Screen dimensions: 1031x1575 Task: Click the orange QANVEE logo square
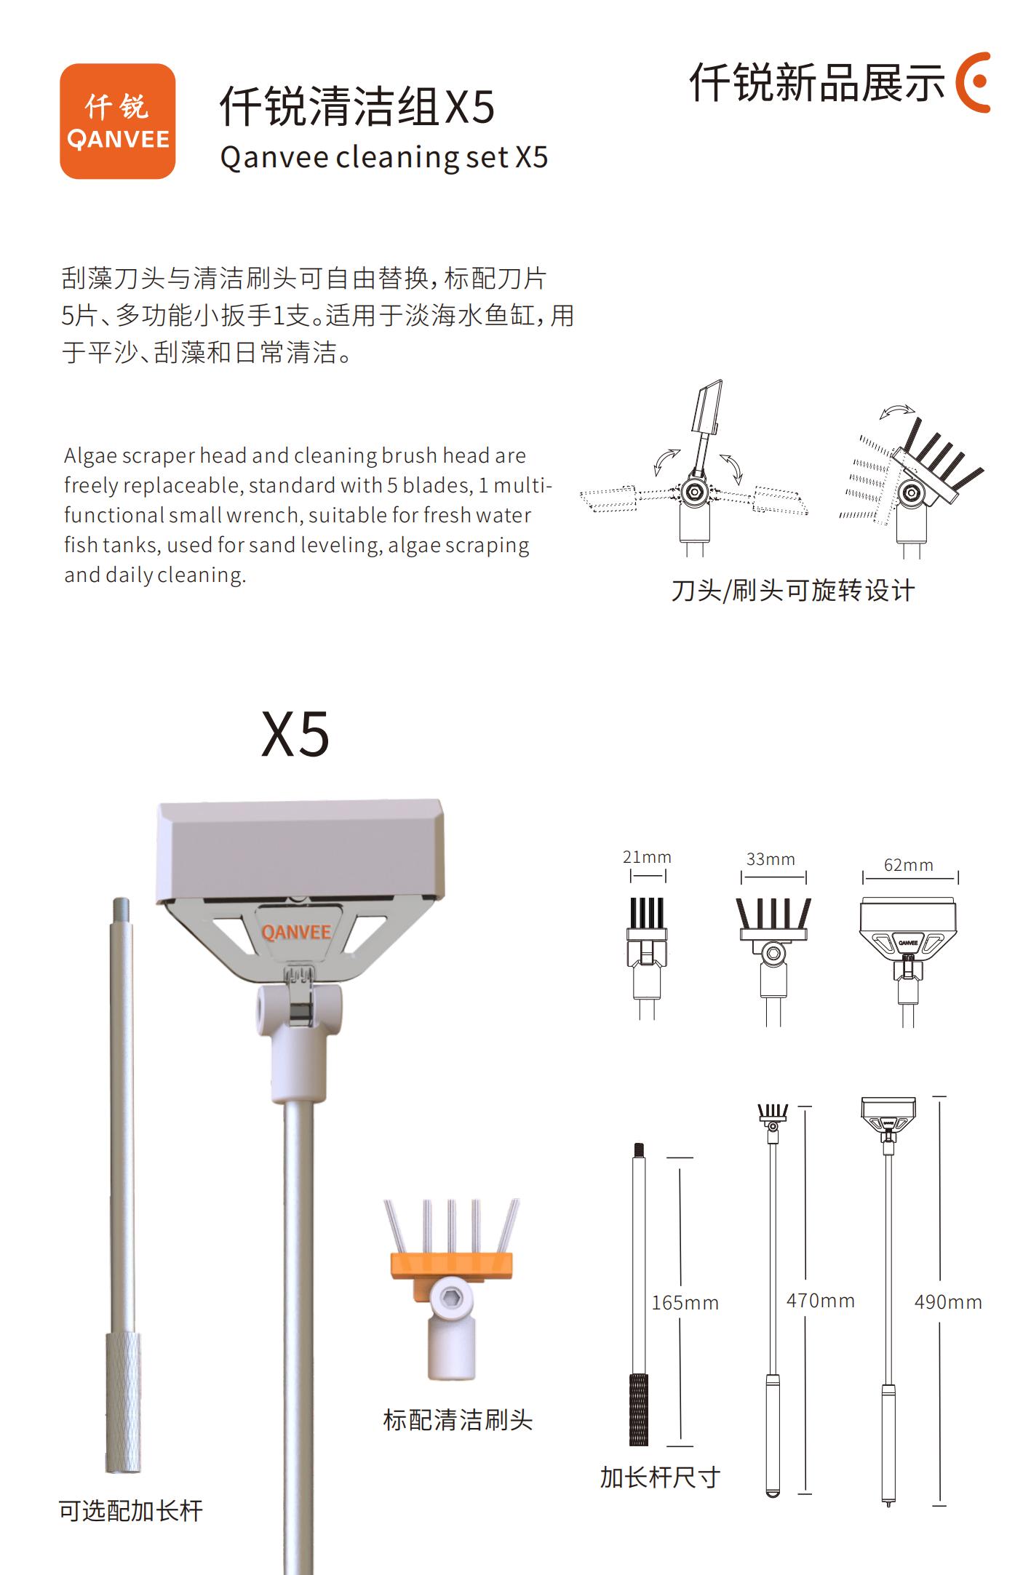(x=117, y=121)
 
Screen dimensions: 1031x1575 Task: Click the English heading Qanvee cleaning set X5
(x=383, y=157)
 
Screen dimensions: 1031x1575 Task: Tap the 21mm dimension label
(x=647, y=857)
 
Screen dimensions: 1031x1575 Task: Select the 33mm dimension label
(x=771, y=859)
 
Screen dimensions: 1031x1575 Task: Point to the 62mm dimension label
(x=908, y=865)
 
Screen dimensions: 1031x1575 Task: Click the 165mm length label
(x=685, y=1302)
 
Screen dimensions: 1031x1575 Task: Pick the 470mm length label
(x=820, y=1300)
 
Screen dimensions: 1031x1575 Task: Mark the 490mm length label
(x=948, y=1301)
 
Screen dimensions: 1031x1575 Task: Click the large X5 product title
(x=295, y=735)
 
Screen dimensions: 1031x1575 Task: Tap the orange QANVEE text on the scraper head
(x=296, y=932)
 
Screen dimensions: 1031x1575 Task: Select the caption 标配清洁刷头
(x=458, y=1419)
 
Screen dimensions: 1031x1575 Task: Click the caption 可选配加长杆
(x=131, y=1510)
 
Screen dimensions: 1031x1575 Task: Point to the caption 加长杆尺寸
(x=660, y=1477)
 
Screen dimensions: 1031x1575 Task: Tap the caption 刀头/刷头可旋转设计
(x=793, y=591)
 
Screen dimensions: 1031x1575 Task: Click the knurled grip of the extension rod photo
(x=124, y=1403)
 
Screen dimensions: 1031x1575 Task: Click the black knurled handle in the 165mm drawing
(x=639, y=1410)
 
